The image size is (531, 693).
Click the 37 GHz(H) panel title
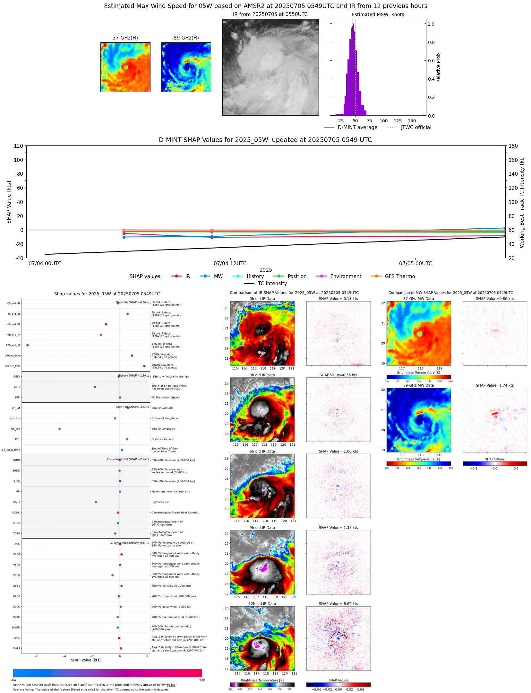[x=125, y=38]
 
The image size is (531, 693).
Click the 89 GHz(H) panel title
[x=186, y=38]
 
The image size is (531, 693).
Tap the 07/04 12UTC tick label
[x=230, y=264]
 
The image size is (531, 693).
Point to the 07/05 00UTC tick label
[x=415, y=264]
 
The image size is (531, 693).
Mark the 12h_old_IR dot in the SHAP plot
[x=28, y=345]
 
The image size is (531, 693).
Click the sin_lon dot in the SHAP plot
[x=60, y=429]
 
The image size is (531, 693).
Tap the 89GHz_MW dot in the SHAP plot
[x=144, y=366]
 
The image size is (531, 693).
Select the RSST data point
[x=96, y=502]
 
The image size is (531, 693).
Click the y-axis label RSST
[x=16, y=502]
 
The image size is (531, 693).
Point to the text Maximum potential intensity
[x=171, y=492]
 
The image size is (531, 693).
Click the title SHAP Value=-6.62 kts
[x=338, y=604]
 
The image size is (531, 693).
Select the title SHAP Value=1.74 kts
[x=494, y=386]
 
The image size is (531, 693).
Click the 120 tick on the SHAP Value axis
[x=18, y=146]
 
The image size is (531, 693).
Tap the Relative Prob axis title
[x=438, y=67]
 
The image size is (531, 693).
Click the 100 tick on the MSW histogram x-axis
[x=383, y=121]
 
